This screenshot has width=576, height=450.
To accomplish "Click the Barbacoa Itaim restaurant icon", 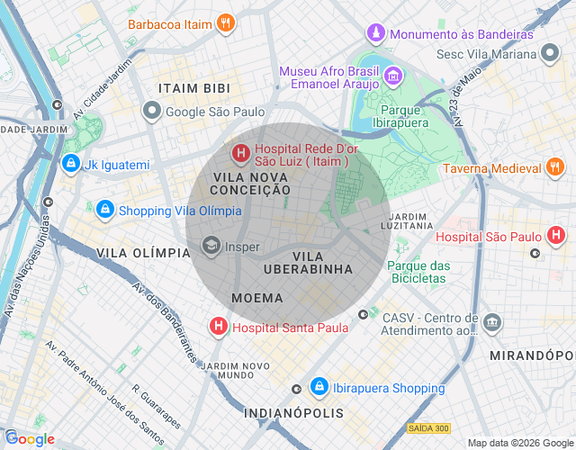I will tap(227, 24).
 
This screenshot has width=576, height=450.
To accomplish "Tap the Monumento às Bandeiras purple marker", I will tap(375, 34).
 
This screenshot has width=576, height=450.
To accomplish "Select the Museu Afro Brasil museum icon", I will tap(392, 75).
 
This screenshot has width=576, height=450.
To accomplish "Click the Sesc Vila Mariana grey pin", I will tap(550, 54).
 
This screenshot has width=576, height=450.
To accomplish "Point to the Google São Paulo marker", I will tap(152, 111).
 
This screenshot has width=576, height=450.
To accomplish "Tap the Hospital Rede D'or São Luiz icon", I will tap(241, 154).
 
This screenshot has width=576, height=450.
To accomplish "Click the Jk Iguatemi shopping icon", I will tap(70, 165).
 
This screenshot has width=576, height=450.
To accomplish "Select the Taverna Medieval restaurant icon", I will tap(555, 167).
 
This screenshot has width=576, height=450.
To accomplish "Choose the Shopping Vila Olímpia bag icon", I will tap(105, 210).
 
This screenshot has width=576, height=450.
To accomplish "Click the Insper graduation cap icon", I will tap(211, 246).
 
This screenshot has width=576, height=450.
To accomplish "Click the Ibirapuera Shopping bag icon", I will tap(319, 388).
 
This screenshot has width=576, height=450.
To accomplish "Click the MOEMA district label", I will tap(256, 298).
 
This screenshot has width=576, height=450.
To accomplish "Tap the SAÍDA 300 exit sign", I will tap(428, 427).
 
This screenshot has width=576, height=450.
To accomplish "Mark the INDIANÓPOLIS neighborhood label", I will tap(293, 413).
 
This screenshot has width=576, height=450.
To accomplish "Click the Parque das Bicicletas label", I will tap(418, 272).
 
